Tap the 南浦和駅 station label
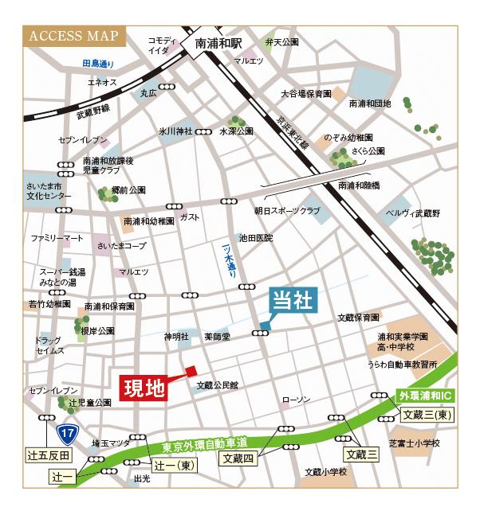tap(218, 46)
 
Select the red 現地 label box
tap(144, 388)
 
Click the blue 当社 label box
tap(293, 301)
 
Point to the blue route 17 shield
tap(66, 433)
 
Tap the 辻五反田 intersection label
tap(49, 455)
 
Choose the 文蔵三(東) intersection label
tap(427, 414)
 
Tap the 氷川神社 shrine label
tap(176, 131)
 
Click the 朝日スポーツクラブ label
tap(287, 211)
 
